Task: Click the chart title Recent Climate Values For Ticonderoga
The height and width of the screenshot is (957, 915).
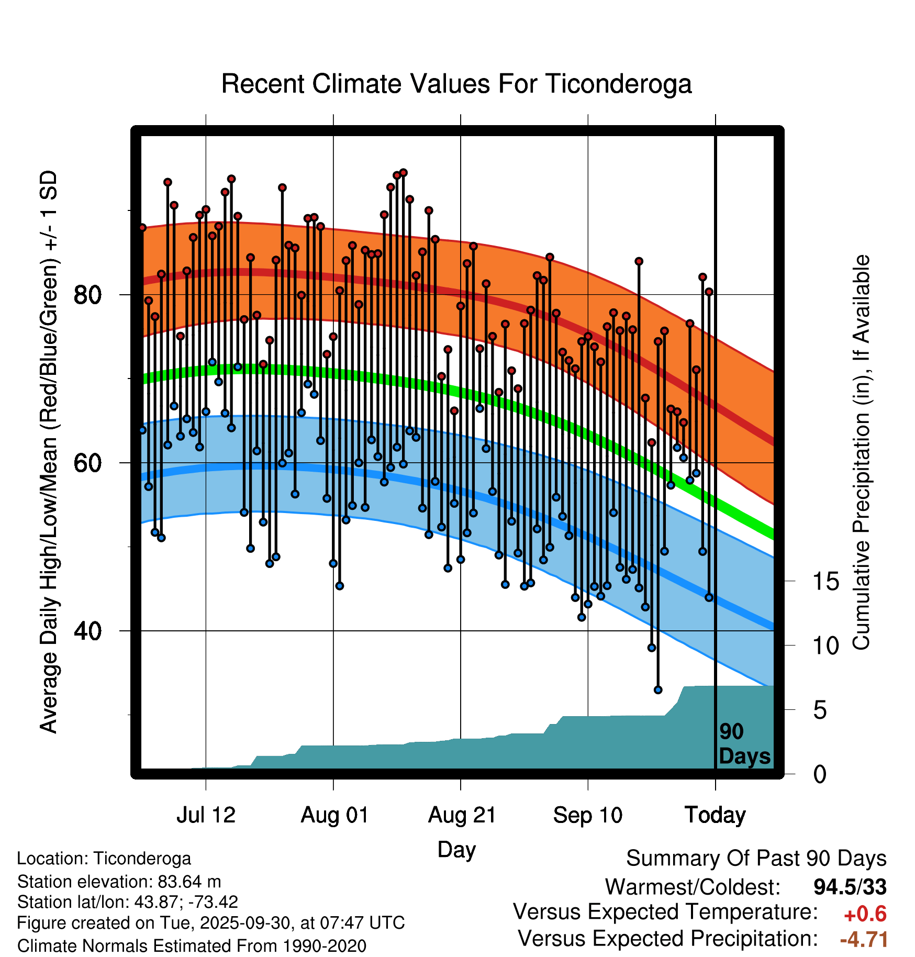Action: (456, 84)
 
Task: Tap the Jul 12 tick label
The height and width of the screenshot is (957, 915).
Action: (206, 815)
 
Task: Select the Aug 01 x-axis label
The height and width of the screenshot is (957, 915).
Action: (334, 815)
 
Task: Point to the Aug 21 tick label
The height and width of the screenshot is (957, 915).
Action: (462, 815)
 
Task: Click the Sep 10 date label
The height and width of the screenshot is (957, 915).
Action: (588, 815)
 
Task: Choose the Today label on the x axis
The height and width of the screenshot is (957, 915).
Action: (715, 815)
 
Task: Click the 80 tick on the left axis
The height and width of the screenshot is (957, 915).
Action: (87, 295)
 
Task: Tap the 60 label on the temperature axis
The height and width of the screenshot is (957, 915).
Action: (87, 463)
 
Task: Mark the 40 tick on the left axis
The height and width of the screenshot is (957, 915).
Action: (87, 631)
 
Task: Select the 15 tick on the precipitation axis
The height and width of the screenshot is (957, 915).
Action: (826, 582)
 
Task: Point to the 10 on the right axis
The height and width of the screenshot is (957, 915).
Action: (826, 646)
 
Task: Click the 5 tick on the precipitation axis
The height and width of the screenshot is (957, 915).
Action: (820, 710)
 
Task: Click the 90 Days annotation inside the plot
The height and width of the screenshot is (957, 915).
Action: (744, 744)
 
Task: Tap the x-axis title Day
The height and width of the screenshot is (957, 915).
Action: (456, 849)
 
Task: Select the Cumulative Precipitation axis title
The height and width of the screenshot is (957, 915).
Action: (861, 452)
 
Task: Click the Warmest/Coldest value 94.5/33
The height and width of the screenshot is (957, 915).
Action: (850, 887)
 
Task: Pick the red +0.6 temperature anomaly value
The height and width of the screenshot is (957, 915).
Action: (865, 914)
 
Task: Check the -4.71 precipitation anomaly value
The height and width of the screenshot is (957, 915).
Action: (864, 939)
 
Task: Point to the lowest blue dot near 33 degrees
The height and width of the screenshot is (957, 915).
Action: (658, 690)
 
